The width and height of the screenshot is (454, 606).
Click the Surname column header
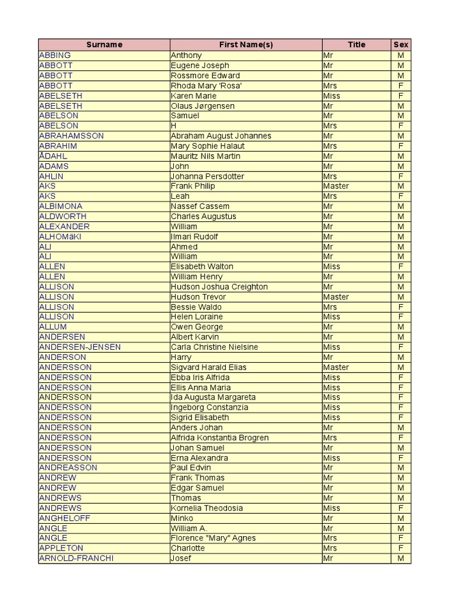click(104, 44)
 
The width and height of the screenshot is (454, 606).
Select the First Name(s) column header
click(246, 44)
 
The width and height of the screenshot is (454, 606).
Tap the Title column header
click(356, 44)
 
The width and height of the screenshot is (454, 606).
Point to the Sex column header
click(401, 44)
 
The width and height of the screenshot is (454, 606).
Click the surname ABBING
click(55, 55)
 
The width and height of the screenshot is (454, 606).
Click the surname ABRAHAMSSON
click(72, 136)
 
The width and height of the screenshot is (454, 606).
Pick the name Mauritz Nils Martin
click(205, 156)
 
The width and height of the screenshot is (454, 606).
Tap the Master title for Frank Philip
click(336, 186)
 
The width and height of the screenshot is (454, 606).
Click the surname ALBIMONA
click(61, 206)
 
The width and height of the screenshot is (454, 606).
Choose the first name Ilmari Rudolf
click(194, 236)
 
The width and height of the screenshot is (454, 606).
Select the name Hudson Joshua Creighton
click(219, 286)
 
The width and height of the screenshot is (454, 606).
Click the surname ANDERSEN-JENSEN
click(80, 347)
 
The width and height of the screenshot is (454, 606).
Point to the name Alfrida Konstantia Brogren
click(220, 437)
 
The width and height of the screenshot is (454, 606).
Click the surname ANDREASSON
click(68, 468)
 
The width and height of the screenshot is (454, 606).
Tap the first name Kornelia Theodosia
click(207, 508)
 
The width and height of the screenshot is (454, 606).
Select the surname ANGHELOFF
click(64, 518)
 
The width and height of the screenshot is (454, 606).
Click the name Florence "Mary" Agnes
click(213, 538)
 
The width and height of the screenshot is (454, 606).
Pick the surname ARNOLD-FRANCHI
click(76, 558)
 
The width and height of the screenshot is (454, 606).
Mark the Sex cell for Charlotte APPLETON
click(401, 548)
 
